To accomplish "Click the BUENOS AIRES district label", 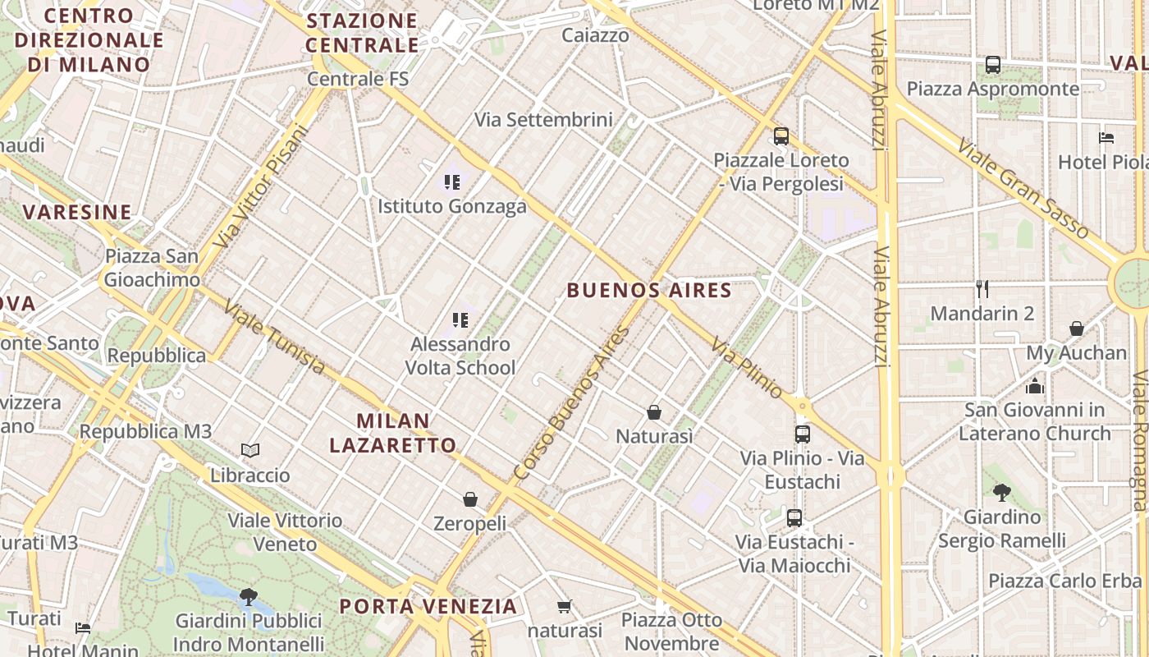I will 648,290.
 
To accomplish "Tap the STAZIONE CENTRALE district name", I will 362,32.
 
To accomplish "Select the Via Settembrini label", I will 543,120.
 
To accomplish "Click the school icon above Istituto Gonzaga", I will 451,181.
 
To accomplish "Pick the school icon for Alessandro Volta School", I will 460,319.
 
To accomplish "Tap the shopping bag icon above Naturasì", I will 654,411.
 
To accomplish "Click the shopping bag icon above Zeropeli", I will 470,498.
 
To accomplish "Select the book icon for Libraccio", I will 250,450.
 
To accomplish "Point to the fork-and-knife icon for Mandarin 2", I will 982,288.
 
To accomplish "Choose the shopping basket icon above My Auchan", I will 1077,328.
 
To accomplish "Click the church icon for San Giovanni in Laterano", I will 1035,385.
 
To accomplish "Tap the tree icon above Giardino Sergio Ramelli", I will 1001,492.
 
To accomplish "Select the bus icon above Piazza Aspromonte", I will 993,64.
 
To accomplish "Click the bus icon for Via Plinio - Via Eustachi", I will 802,434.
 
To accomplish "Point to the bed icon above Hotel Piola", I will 1106,137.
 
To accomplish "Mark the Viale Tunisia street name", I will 274,338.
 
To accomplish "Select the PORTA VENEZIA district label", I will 428,607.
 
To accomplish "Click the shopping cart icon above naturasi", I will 564,606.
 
